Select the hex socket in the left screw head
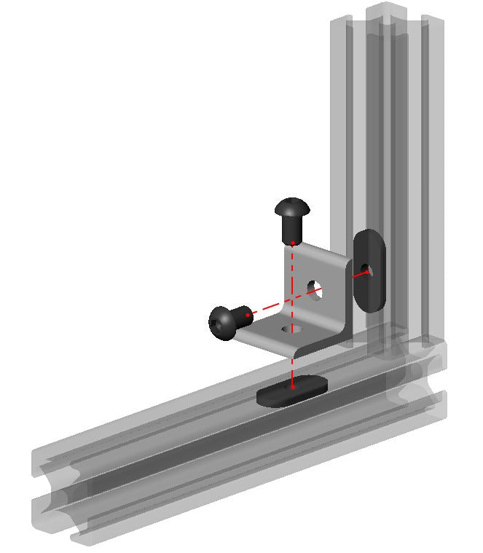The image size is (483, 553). point(220,323)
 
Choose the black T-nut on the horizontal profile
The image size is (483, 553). point(291,391)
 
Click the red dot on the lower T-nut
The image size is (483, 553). point(291,387)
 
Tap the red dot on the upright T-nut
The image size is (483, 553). point(366,272)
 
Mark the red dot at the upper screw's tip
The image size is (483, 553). point(292,242)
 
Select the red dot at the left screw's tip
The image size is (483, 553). point(248,315)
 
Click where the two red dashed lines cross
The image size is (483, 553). point(291,301)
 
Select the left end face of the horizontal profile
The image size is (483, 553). point(55,495)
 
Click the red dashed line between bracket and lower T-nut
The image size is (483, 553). point(291,368)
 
